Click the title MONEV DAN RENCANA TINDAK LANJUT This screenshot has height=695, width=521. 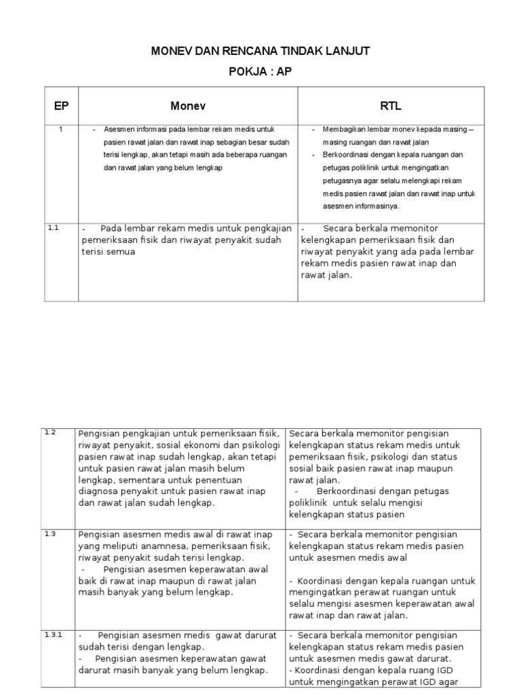(x=260, y=52)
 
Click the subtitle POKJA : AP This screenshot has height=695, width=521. (x=260, y=72)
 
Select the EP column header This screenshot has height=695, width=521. (x=61, y=105)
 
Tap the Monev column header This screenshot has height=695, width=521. (x=188, y=105)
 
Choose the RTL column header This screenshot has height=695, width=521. (x=391, y=105)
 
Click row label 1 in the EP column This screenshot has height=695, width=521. (x=61, y=130)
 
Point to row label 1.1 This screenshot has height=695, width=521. (x=54, y=228)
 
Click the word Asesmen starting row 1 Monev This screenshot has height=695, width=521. (x=119, y=130)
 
